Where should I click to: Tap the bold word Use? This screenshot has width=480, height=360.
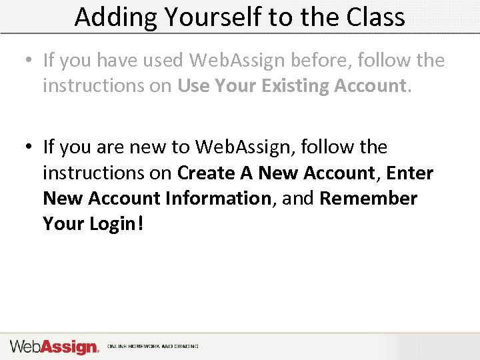(x=193, y=86)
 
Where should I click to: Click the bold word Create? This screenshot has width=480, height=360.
(x=207, y=173)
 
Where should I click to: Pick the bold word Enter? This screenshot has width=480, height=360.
(x=410, y=173)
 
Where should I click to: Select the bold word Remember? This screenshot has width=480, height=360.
(x=369, y=199)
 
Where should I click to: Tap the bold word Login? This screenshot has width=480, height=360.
(x=117, y=225)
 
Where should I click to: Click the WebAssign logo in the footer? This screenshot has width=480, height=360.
(x=54, y=347)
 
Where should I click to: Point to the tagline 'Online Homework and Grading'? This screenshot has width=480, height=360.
(x=153, y=347)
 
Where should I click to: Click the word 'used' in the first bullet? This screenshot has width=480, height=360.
(x=161, y=60)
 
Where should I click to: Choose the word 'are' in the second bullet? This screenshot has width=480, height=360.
(x=103, y=147)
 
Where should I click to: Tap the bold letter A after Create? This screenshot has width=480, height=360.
(x=246, y=173)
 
